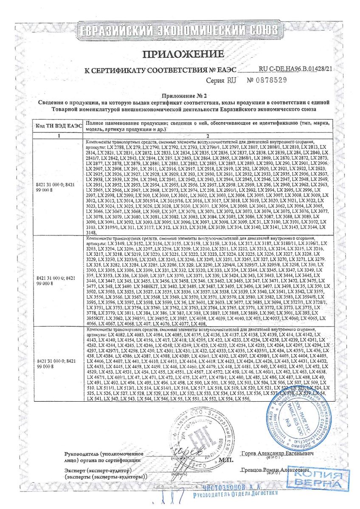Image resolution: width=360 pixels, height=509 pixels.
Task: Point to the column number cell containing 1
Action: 59,136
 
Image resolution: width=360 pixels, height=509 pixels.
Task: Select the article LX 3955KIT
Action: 98,317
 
